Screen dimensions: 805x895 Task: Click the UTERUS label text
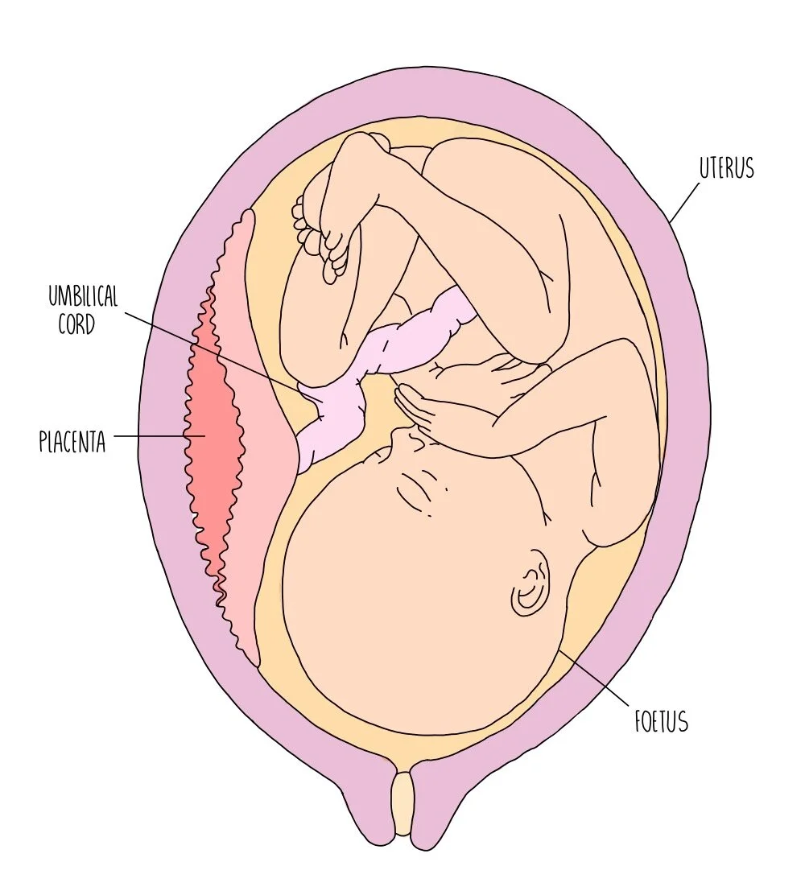click(726, 169)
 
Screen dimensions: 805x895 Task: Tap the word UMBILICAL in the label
click(82, 297)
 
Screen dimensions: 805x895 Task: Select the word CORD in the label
click(77, 325)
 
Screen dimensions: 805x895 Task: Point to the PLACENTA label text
click(72, 442)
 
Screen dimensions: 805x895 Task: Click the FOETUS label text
click(660, 721)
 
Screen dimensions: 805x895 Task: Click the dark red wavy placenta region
click(212, 435)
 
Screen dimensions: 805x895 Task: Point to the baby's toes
click(318, 233)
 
